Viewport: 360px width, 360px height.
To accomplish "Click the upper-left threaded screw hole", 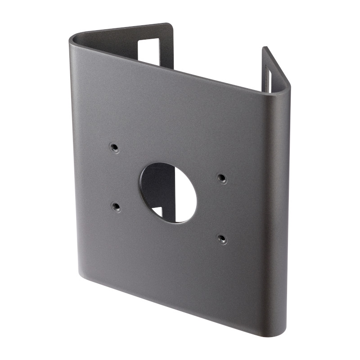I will [114, 147].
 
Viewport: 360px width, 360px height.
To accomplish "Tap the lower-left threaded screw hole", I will [116, 207].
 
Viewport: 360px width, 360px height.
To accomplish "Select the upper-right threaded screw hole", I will [221, 178].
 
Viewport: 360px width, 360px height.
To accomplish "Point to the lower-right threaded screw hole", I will [222, 238].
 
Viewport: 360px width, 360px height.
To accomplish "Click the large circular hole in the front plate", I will [168, 193].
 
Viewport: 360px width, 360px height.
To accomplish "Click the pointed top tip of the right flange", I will [265, 48].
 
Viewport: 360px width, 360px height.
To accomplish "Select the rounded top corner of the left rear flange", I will [170, 25].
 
